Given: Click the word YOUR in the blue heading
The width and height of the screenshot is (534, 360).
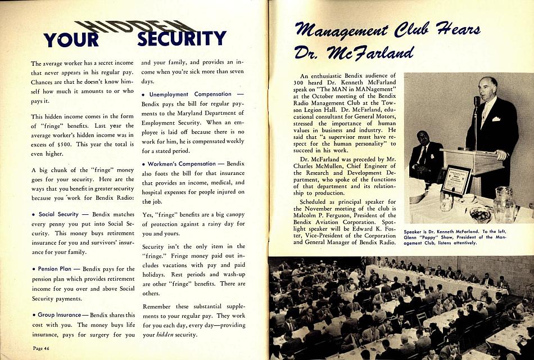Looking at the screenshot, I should (x=71, y=40).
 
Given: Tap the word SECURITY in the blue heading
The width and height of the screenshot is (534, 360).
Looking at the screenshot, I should (x=182, y=38).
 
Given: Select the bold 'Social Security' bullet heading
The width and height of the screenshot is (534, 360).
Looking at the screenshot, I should (x=58, y=214).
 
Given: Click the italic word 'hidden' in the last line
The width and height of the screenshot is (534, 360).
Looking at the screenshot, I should (x=165, y=335).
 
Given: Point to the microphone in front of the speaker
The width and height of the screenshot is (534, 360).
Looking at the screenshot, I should (x=477, y=101).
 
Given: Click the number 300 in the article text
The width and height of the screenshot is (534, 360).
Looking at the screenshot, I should (x=300, y=82).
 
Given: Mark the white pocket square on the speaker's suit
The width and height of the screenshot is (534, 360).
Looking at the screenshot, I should (x=496, y=118).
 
